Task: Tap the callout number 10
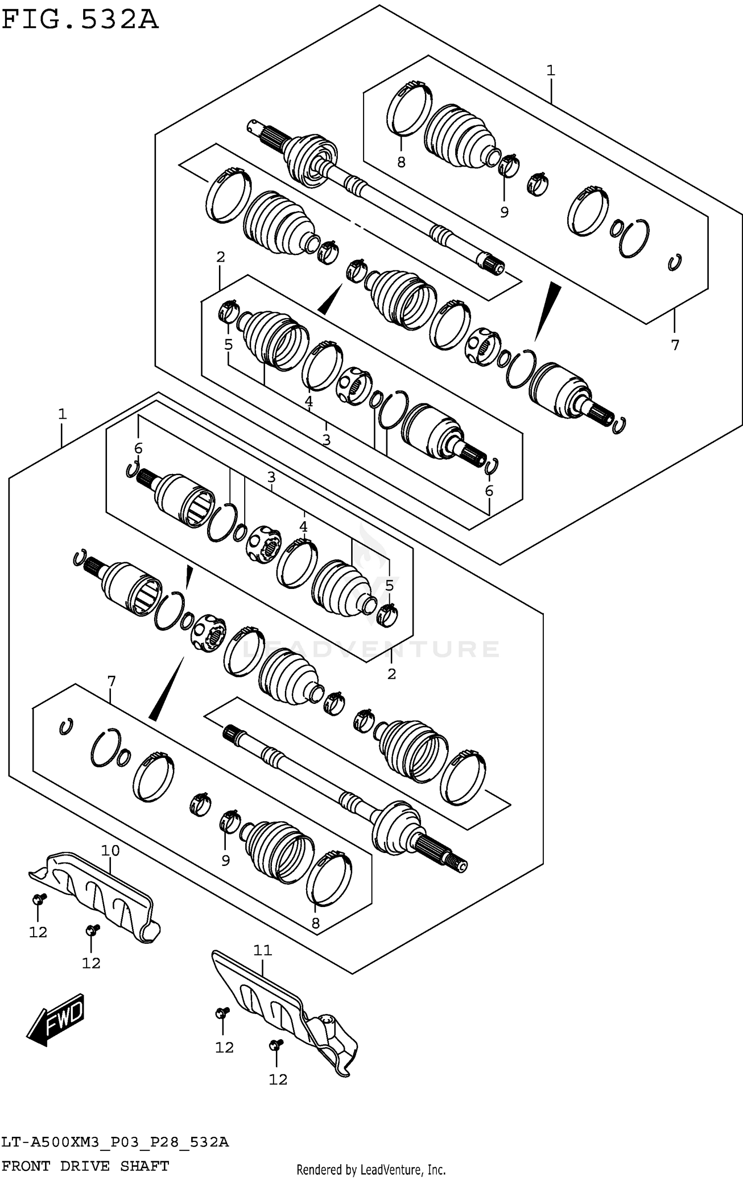coord(110,851)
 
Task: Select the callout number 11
coord(263,950)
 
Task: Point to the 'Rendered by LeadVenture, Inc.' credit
coord(371,1170)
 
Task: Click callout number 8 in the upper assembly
coord(401,162)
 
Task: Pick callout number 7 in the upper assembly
coord(675,345)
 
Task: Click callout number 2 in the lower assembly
coord(391,674)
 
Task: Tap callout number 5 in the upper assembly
coord(228,344)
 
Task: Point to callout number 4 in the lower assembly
coord(303,527)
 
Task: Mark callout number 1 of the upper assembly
coord(551,71)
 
